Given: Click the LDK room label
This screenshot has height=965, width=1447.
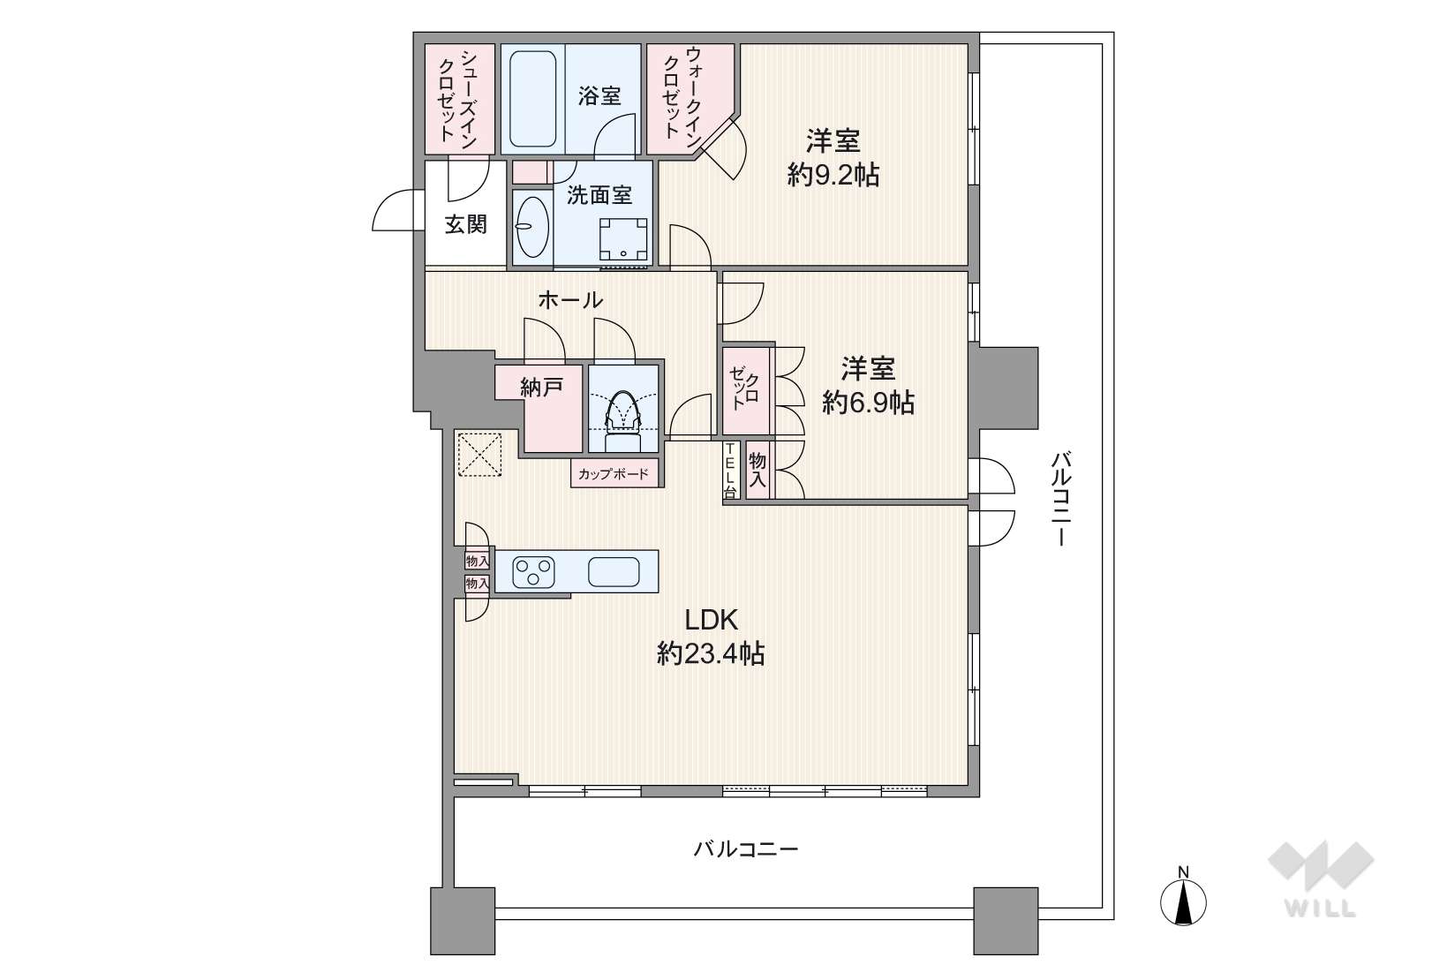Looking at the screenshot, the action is tap(711, 621).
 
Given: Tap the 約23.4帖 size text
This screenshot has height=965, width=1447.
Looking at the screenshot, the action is tap(711, 654).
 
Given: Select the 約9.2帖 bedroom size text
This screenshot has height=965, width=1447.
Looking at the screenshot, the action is tap(833, 175).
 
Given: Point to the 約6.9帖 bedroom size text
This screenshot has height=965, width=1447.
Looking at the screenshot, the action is tap(868, 403).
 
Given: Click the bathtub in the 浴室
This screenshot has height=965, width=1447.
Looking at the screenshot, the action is tap(533, 99).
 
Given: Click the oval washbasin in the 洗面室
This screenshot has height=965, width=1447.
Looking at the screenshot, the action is tap(532, 227).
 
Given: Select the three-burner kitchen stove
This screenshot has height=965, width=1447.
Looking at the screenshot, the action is tap(533, 571).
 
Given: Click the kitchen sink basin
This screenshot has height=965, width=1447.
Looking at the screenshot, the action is tap(614, 571).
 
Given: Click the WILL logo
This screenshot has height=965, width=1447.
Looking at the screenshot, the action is tap(1321, 879).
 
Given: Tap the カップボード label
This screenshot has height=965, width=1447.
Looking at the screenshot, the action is tap(614, 474).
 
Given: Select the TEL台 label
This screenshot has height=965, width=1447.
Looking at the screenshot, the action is tap(731, 471).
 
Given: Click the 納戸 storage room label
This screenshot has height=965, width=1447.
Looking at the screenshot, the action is tap(541, 387).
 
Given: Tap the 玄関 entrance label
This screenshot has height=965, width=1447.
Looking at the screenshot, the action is tap(465, 224).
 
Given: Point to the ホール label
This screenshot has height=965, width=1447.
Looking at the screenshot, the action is tap(570, 299).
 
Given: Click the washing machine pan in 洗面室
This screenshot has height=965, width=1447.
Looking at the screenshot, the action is tap(623, 240).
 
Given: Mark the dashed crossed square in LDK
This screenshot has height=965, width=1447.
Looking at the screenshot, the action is tap(480, 455).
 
